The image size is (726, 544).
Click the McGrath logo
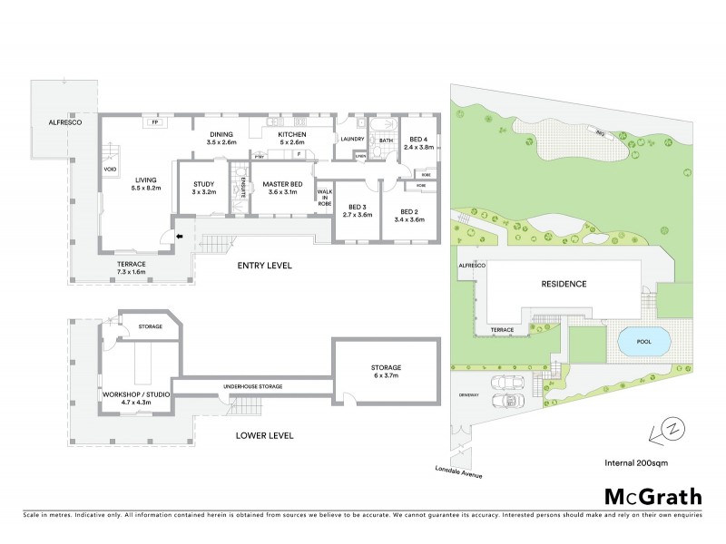click(x=652, y=496)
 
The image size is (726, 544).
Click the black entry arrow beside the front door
click(x=179, y=238)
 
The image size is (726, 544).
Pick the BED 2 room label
click(x=411, y=215)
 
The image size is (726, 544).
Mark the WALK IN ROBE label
click(x=324, y=199)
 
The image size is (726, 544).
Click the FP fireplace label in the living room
click(x=155, y=121)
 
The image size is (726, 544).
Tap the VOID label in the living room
click(x=110, y=169)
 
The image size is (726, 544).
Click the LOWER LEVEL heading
click(x=264, y=435)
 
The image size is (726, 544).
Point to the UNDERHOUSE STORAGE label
click(x=253, y=387)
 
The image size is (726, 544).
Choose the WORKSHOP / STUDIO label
click(x=132, y=394)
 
